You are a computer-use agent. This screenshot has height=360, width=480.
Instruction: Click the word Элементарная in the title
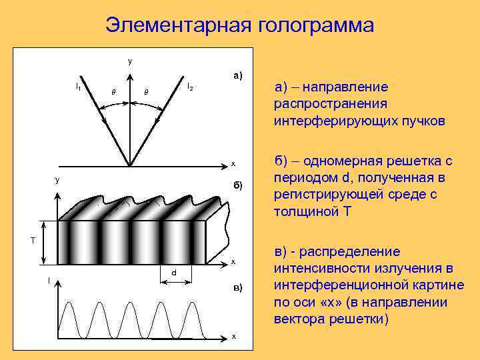pyautogui.click(x=174, y=25)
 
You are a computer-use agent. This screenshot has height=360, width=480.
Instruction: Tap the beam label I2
pyautogui.click(x=190, y=86)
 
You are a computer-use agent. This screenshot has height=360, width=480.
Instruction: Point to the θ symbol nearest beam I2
pyautogui.click(x=147, y=91)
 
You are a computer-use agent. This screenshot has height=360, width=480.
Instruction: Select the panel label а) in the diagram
pyautogui.click(x=237, y=75)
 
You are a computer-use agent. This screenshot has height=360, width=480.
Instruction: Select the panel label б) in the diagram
pyautogui.click(x=237, y=184)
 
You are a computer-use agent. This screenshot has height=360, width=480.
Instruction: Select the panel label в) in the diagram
pyautogui.click(x=237, y=287)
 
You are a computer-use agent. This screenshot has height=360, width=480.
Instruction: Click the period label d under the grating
pyautogui.click(x=175, y=273)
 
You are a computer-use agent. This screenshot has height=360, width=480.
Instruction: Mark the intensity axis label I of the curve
pyautogui.click(x=49, y=281)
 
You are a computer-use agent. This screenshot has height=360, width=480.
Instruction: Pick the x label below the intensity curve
pyautogui.click(x=233, y=336)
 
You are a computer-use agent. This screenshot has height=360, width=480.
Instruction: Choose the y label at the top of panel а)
pyautogui.click(x=130, y=61)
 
